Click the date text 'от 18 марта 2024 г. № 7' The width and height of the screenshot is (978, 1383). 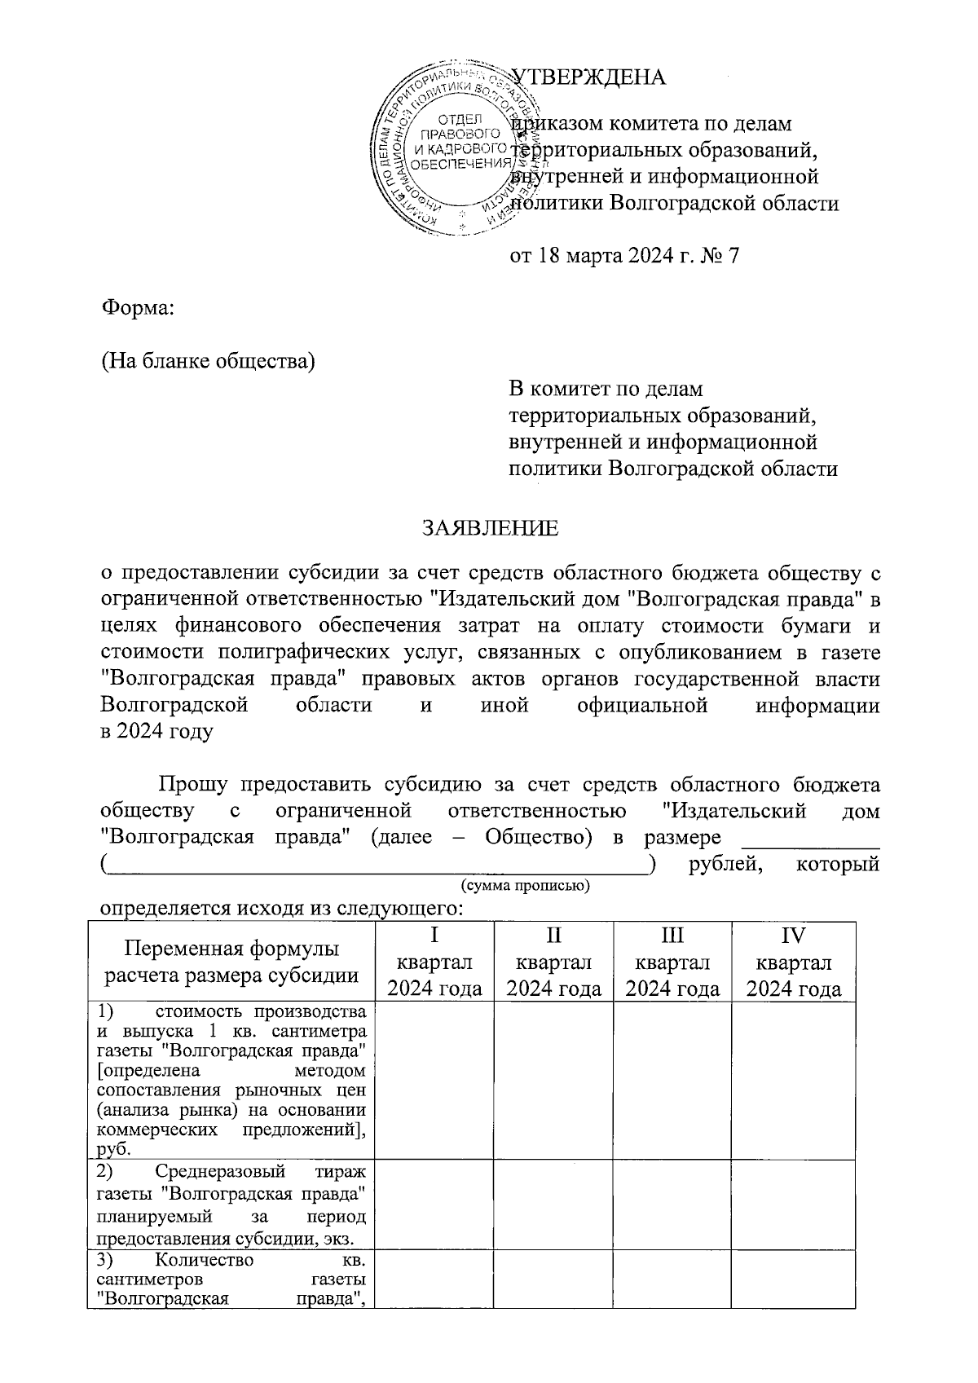point(623,256)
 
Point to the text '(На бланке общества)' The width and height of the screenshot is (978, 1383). point(208,360)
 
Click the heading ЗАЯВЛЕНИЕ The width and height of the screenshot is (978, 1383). point(490,528)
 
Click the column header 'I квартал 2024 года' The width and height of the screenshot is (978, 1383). point(434,962)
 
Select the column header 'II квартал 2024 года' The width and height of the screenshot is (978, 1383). point(553,962)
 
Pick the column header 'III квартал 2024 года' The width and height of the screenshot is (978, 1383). point(672,962)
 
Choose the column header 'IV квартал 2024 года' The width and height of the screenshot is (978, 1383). point(793,962)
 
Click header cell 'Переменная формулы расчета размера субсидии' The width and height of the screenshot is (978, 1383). point(231,962)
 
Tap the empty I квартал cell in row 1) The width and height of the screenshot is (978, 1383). point(434,1080)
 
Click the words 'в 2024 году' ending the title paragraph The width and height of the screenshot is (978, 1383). point(156,731)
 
